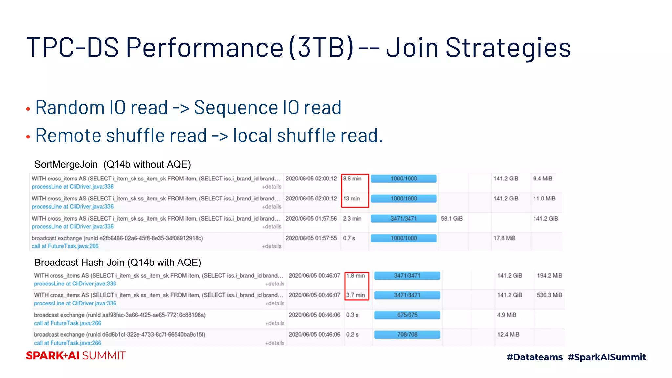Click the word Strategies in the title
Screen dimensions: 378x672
click(x=508, y=48)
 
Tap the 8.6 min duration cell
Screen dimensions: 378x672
click(x=352, y=179)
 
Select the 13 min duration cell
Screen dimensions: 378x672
click(x=351, y=199)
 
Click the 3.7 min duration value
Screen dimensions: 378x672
click(x=356, y=295)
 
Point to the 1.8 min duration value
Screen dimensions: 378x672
click(x=356, y=276)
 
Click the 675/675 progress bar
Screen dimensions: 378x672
click(x=407, y=315)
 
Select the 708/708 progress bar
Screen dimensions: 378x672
click(x=407, y=335)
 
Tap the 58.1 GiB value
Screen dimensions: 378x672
click(x=452, y=219)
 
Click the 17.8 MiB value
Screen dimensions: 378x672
click(x=505, y=238)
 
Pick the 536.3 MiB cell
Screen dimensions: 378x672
click(x=550, y=295)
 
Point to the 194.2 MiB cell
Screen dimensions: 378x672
click(x=550, y=276)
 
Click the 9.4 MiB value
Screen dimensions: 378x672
click(x=543, y=179)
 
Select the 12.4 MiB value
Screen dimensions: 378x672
click(x=508, y=335)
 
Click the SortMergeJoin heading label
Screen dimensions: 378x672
click(x=66, y=164)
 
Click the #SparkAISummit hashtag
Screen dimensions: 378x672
click(x=607, y=357)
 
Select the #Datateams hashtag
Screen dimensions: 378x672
click(x=535, y=357)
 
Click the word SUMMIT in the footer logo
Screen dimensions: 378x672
click(x=104, y=356)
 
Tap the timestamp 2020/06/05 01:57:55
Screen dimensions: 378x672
click(x=311, y=238)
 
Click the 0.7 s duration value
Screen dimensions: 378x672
click(x=349, y=238)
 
